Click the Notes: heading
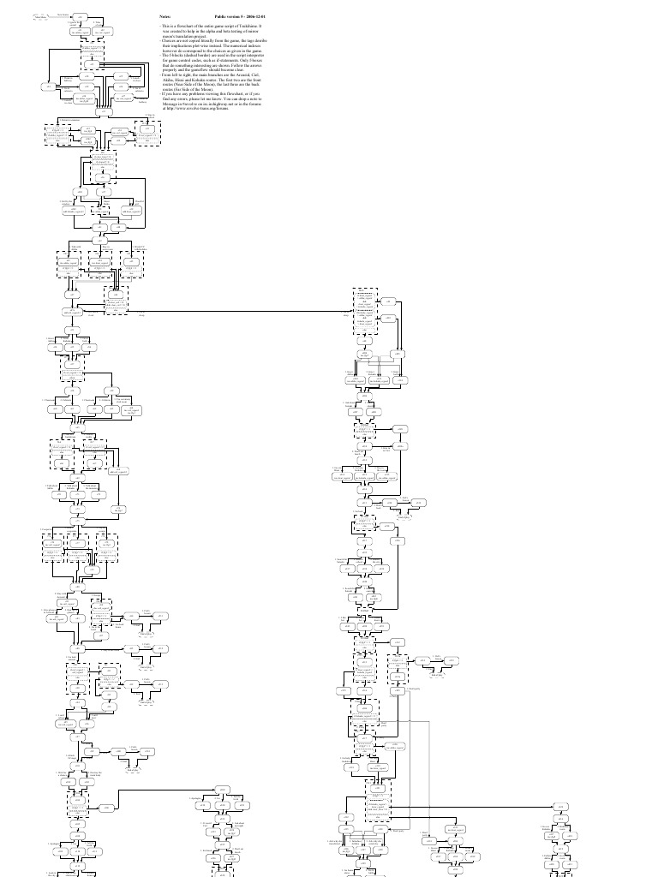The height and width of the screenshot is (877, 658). [x=165, y=16]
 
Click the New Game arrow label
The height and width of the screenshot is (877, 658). [x=62, y=14]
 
